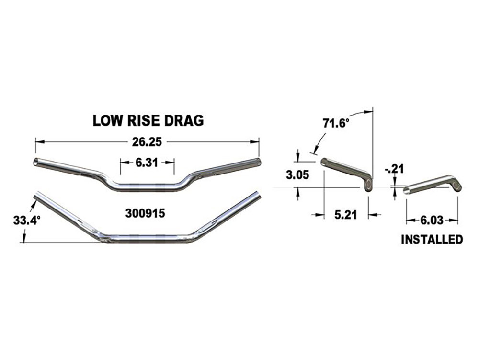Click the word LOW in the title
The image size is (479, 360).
(106, 121)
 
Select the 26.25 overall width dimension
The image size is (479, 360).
(147, 142)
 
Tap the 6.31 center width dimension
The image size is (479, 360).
(147, 163)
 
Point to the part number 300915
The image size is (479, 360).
(145, 214)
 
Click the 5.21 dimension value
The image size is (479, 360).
(345, 215)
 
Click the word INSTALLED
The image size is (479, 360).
(432, 239)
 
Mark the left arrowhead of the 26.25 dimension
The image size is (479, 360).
(37, 142)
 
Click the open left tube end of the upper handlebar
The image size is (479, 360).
(35, 163)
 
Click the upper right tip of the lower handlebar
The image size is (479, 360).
(258, 196)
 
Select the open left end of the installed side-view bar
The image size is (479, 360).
(407, 190)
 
